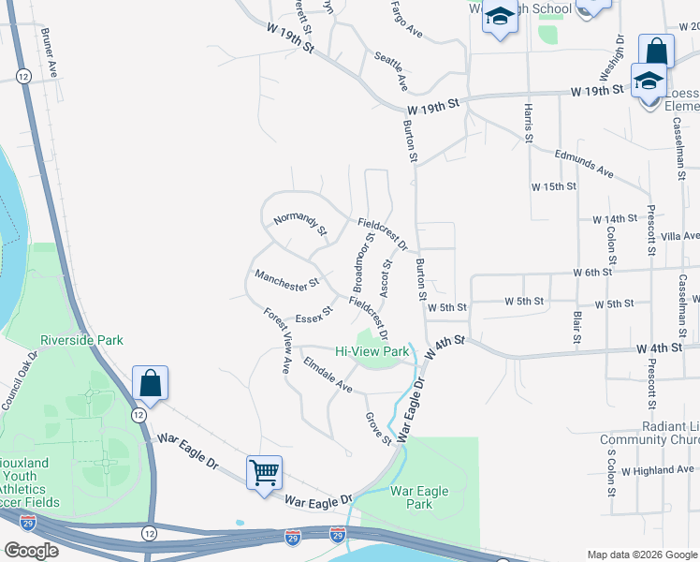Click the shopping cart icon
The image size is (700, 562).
coord(265,472)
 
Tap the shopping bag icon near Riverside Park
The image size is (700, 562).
coord(150,381)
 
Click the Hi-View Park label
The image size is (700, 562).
coord(372,351)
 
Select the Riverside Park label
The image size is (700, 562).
coord(80,340)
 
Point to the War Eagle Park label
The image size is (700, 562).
coord(419,497)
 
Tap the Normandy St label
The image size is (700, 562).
coord(300,224)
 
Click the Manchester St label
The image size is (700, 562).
coord(287,278)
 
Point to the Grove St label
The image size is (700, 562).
coord(378,428)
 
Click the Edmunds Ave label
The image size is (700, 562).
coord(584,165)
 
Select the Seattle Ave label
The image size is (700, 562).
coord(391,71)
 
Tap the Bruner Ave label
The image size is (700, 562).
coord(50,51)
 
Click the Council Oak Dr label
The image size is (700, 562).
coord(19,381)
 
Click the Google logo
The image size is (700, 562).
coord(31,551)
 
